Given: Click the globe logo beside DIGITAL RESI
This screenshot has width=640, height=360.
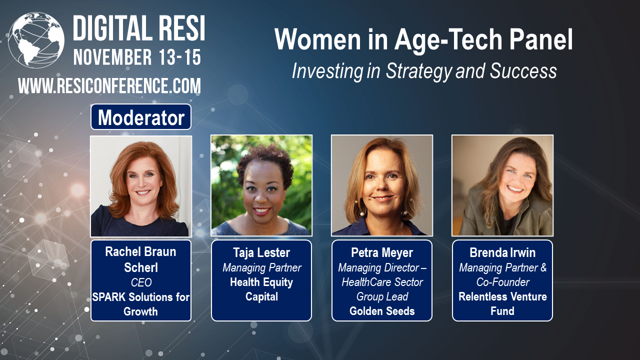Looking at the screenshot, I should (x=36, y=40).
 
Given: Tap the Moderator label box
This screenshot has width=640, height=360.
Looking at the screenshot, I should (x=141, y=117).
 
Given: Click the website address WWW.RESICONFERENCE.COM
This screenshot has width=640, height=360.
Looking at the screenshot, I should (x=109, y=86).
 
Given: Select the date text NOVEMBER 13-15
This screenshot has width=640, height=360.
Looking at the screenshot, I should (x=137, y=57).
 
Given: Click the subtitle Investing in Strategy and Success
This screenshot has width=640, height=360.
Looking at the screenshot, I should (x=424, y=71).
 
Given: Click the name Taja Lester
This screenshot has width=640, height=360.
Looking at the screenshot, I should (x=261, y=253).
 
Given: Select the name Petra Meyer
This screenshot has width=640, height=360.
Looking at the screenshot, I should (x=382, y=253).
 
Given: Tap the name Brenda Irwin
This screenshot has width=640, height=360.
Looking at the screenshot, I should (x=502, y=252).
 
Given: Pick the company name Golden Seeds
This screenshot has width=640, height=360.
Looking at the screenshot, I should (x=382, y=311).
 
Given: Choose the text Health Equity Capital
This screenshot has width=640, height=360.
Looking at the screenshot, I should (x=261, y=289).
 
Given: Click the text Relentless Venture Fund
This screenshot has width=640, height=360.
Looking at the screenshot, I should (x=502, y=303).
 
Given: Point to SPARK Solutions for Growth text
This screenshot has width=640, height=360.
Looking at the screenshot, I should (x=141, y=304).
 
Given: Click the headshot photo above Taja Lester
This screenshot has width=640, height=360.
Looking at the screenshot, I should (x=261, y=185).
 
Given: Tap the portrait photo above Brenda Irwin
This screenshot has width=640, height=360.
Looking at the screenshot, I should (x=502, y=185).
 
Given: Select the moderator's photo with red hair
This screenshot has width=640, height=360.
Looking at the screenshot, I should (x=141, y=185).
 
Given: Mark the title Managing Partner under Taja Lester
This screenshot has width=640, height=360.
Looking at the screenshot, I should (x=261, y=267).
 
